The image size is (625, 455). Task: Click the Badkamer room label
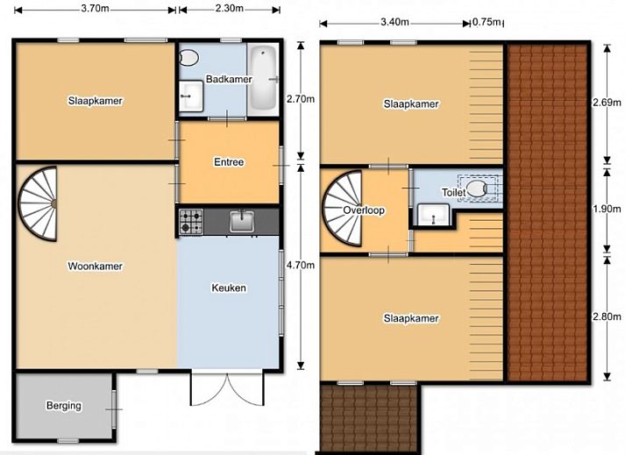point(229,80)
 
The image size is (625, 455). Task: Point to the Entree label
point(229,162)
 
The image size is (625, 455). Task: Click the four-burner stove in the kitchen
point(190,221)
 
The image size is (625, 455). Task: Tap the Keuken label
point(229,288)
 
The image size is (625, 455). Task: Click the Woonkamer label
point(96,267)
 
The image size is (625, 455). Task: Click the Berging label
point(64,405)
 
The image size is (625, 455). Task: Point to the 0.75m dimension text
point(487,23)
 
